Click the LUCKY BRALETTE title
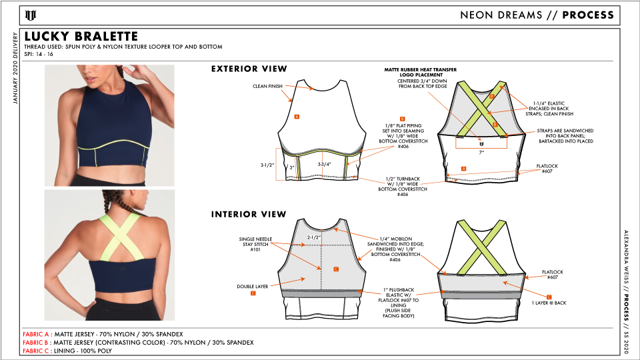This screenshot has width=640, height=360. [81, 36]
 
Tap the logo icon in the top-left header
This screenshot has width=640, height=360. [31, 15]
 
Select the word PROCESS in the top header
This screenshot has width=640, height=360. [588, 15]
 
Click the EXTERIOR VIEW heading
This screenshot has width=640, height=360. [249, 69]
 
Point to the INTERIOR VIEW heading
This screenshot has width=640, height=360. [249, 214]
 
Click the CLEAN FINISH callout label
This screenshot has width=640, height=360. [267, 86]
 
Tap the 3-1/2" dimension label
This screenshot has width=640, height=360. [267, 165]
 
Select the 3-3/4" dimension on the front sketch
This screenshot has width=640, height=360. [325, 165]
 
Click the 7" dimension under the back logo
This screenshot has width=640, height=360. [481, 152]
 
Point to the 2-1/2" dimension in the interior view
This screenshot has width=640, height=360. [314, 237]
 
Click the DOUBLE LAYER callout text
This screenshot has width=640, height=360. [252, 287]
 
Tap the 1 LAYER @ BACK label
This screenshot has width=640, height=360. [549, 303]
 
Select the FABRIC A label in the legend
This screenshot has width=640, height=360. [35, 334]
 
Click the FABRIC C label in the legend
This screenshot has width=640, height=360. [35, 351]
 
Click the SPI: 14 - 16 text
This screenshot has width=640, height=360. [39, 54]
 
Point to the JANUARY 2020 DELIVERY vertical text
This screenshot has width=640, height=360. [15, 69]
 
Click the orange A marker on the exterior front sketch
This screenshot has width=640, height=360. [297, 117]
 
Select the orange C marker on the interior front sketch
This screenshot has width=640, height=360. [336, 269]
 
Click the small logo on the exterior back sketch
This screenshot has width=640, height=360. [481, 144]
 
